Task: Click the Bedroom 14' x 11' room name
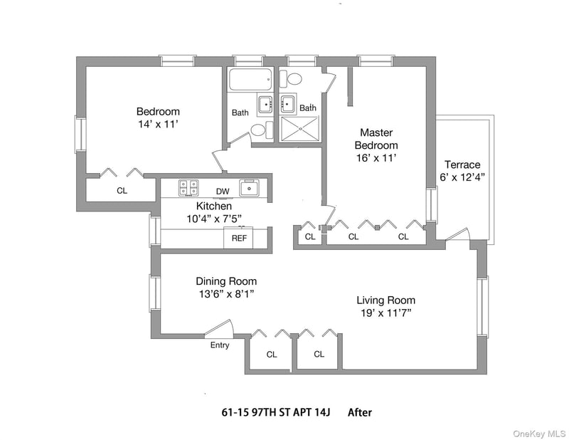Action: [158, 112]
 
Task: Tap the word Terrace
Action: [462, 164]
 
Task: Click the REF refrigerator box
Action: [239, 239]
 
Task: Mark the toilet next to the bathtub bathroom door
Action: [261, 130]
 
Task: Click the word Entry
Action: [220, 345]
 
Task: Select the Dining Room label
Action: [226, 281]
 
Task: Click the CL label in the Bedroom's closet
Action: [122, 191]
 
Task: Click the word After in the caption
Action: [359, 412]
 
